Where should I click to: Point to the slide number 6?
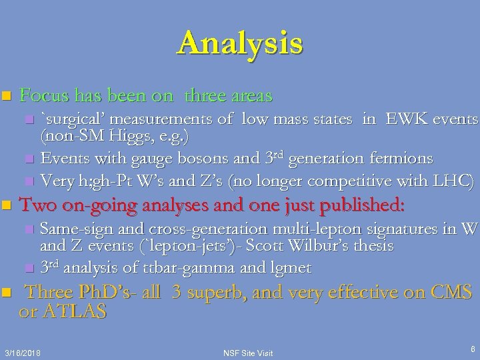(472, 348)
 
